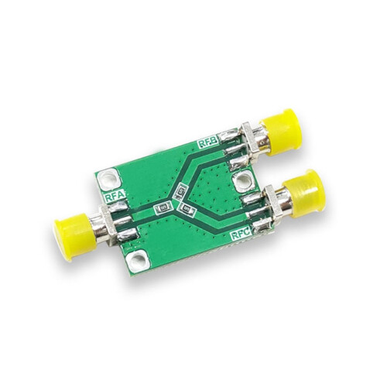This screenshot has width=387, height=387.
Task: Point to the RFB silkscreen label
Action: (x=207, y=142)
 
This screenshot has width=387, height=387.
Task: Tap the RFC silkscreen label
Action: (x=241, y=232)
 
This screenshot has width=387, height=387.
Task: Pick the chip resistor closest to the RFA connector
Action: (x=163, y=208)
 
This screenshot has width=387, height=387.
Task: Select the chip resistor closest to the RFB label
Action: (x=180, y=190)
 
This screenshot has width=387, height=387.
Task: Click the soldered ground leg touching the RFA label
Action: (x=118, y=209)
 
